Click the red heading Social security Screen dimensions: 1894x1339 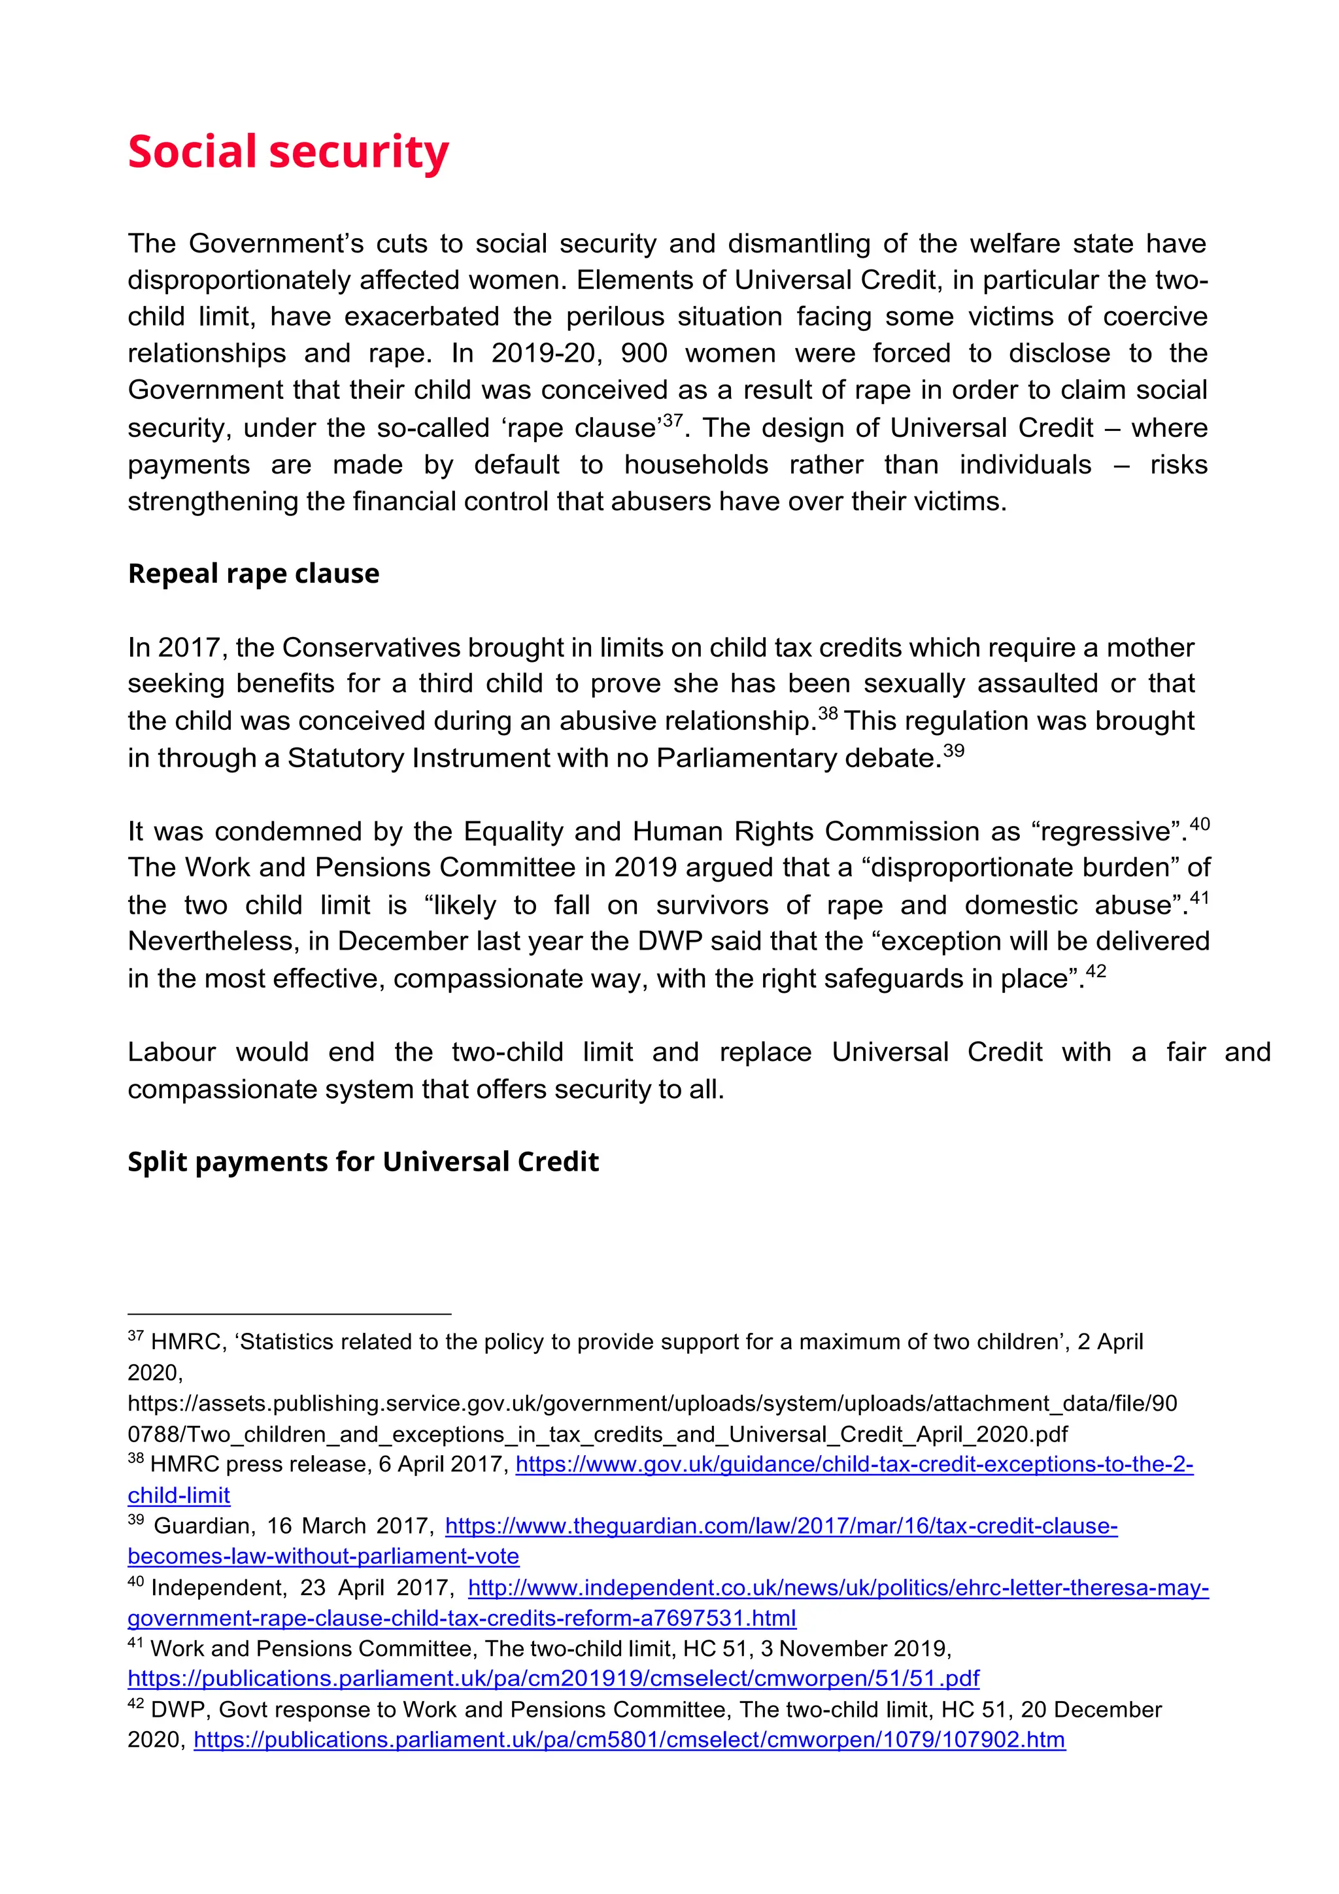tap(288, 152)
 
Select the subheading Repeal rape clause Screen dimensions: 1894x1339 tap(253, 574)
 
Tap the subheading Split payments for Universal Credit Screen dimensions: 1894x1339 tap(363, 1162)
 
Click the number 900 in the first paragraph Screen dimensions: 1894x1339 tap(644, 354)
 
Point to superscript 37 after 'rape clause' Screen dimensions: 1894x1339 tap(673, 421)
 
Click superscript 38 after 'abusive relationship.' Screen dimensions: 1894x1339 tap(828, 714)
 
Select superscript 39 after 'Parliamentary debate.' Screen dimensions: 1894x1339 tap(953, 751)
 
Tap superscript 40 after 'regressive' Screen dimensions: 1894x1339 tap(1200, 824)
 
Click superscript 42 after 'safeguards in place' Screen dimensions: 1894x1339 tap(1096, 971)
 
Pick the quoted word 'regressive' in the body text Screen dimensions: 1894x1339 tap(1110, 831)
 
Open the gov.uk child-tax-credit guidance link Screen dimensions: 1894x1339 tap(853, 1464)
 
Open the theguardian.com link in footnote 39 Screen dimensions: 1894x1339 tap(781, 1525)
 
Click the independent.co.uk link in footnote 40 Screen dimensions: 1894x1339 tap(838, 1587)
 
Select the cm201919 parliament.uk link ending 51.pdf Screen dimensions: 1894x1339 tap(553, 1678)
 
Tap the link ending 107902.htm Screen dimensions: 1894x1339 tap(629, 1740)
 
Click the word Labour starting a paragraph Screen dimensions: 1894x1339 tap(171, 1052)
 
